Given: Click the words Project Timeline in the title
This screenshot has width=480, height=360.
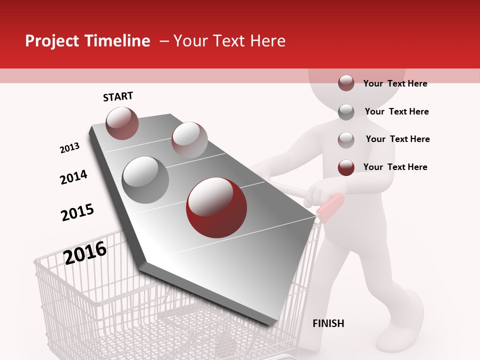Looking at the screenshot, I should pos(87,41).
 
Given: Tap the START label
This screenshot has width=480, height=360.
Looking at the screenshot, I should pos(118,96).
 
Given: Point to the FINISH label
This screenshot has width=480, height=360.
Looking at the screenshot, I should pos(328,323).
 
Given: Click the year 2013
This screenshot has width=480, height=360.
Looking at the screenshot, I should pos(69,148).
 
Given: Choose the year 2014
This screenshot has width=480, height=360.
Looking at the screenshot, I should pos(73,177).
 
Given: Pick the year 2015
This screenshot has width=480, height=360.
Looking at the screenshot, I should pos(77,212).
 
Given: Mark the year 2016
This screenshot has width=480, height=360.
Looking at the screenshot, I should pos(85,252).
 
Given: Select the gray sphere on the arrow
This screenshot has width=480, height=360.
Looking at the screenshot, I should pos(145,179).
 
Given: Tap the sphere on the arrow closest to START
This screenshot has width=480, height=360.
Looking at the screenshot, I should pos(122,123).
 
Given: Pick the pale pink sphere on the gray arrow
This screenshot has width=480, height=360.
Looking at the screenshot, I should pos(189,139).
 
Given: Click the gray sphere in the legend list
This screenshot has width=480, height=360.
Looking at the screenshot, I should pos(346,112).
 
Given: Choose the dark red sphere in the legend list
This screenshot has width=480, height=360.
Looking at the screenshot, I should pos(346,167).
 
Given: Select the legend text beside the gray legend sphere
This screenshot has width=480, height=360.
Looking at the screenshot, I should pos(396,111).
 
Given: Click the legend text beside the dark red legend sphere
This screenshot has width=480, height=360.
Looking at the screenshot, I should pos(395,167).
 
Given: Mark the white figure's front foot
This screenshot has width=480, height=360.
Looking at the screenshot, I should pos(407,320).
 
